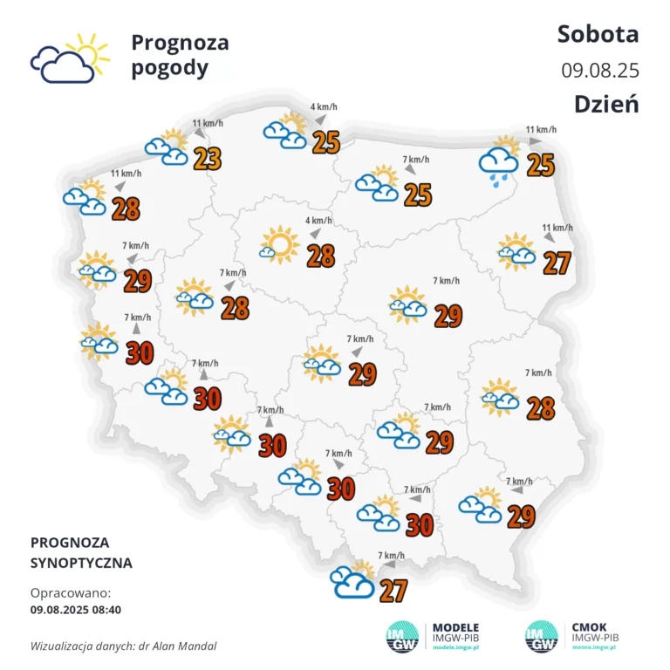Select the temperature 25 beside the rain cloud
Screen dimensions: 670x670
[x=541, y=163]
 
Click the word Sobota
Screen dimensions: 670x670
[x=598, y=34]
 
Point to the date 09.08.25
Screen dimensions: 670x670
[x=600, y=69]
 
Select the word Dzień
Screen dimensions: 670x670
[x=606, y=103]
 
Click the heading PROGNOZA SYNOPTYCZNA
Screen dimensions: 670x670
[x=81, y=552]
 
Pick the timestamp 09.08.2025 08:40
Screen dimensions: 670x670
[x=75, y=609]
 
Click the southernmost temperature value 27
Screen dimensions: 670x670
[x=393, y=591]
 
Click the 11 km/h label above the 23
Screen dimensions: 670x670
[x=207, y=124]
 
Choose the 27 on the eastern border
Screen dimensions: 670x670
[x=557, y=262]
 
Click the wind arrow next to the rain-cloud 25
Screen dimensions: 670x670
[x=533, y=140]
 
